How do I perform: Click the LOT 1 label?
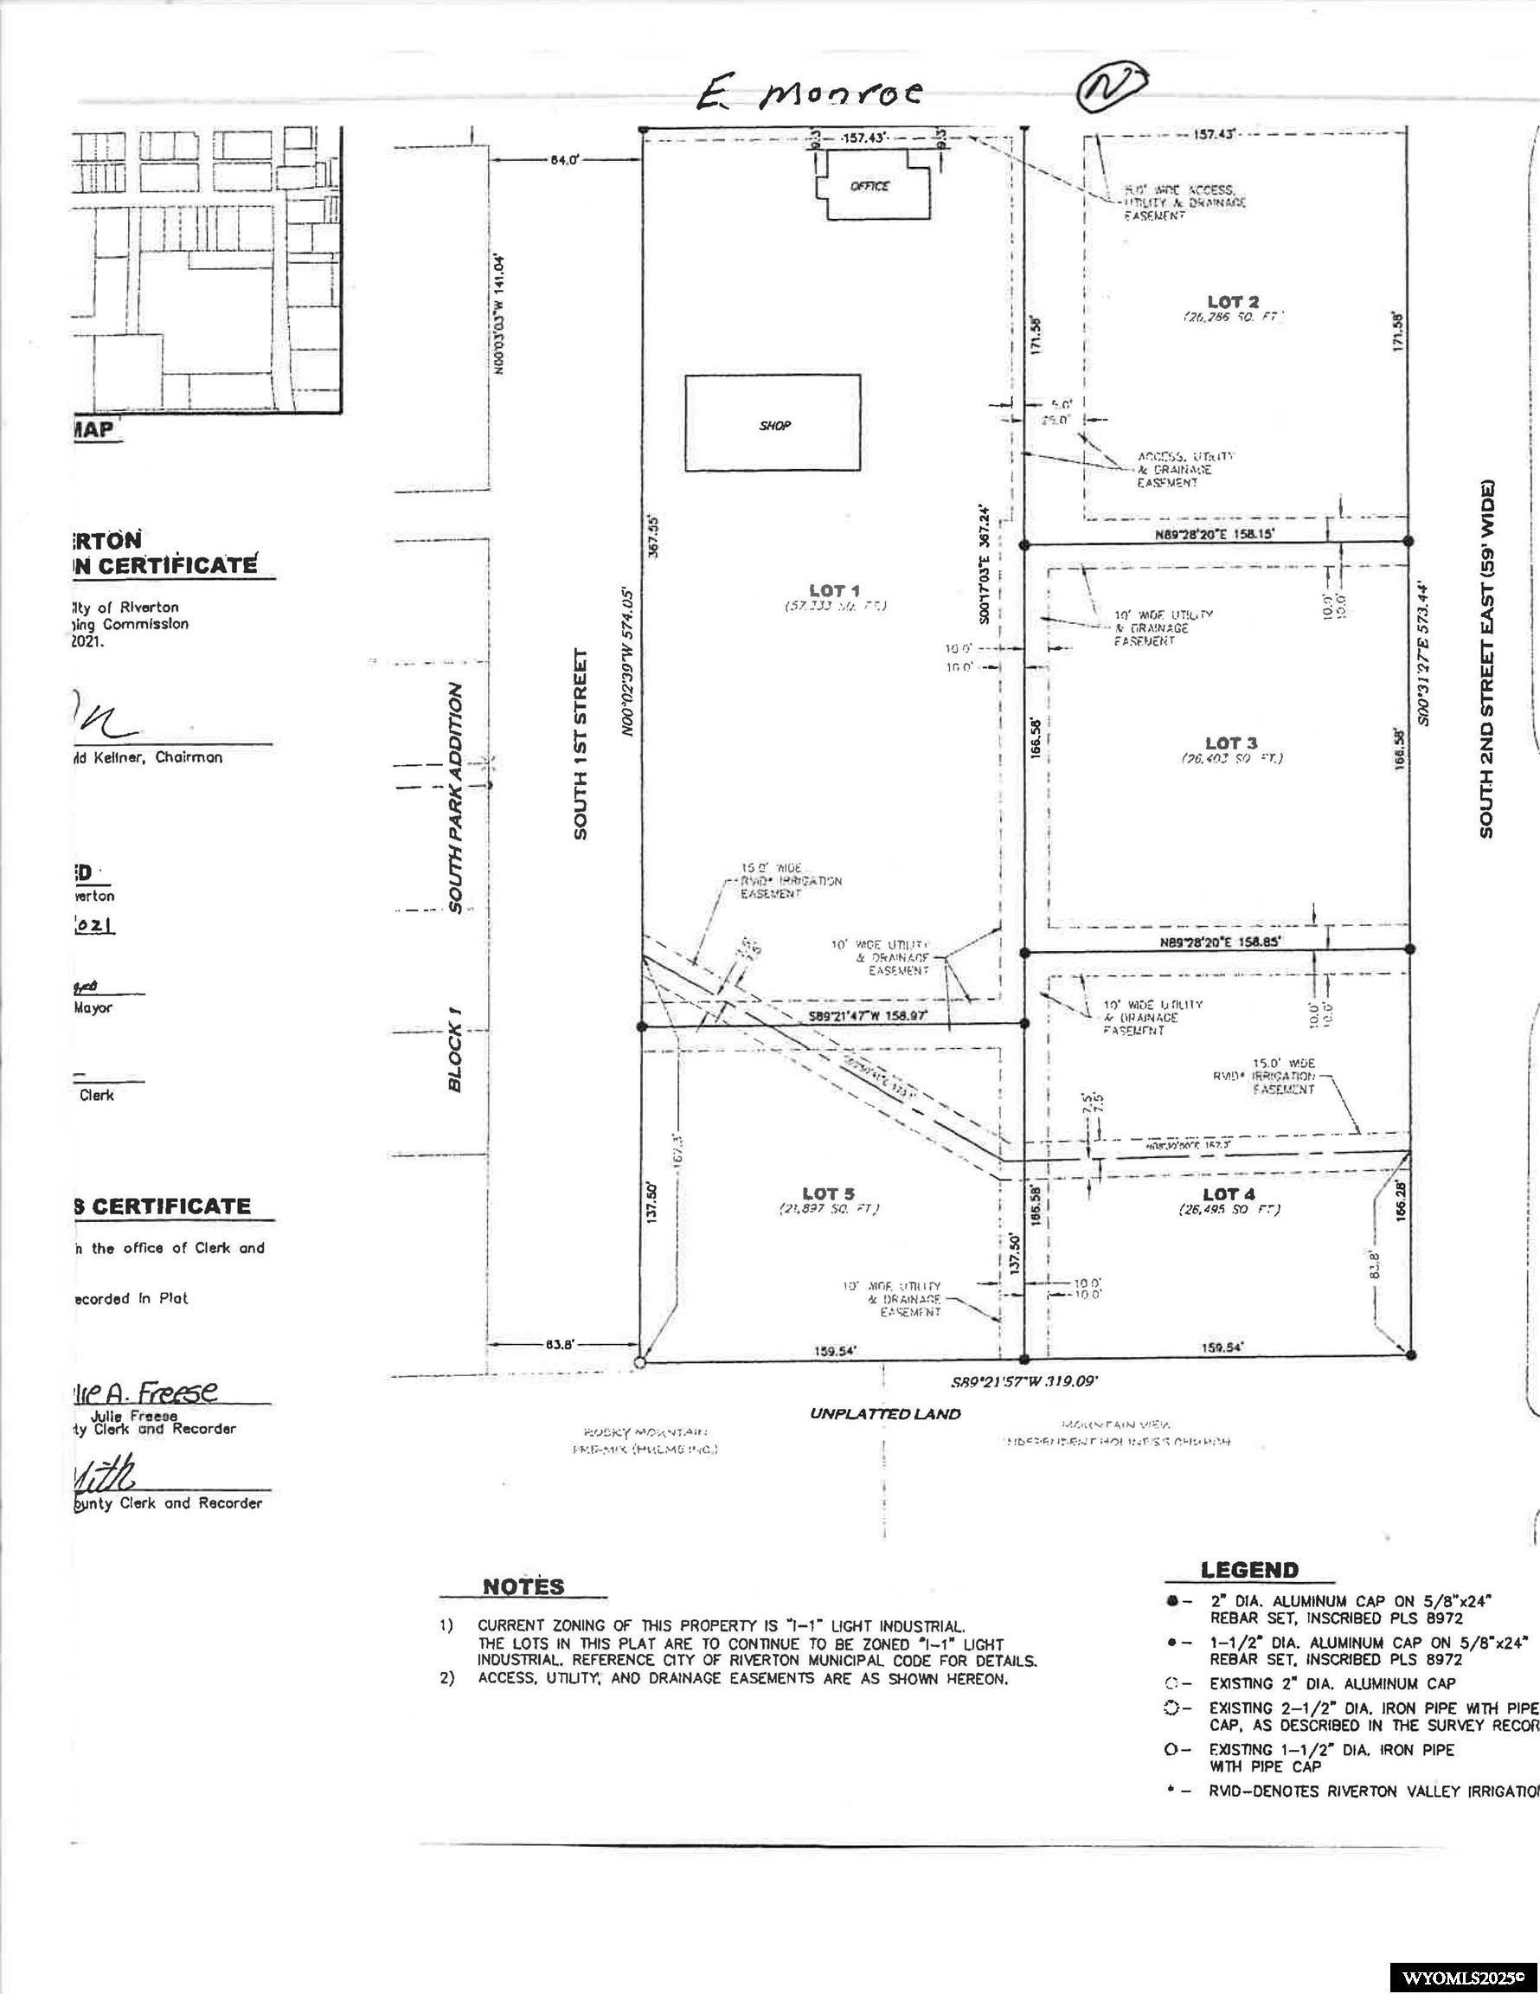point(833,591)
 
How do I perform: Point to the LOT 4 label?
point(1228,1194)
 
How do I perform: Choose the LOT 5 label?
point(828,1193)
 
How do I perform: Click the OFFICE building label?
point(868,186)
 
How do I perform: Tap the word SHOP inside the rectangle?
point(774,426)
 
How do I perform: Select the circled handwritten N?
point(1110,87)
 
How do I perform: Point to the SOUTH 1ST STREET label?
point(581,743)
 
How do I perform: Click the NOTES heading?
point(523,1586)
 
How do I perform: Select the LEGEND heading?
point(1248,1571)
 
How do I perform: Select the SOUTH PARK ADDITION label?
point(456,797)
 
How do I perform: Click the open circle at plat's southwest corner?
point(640,1363)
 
